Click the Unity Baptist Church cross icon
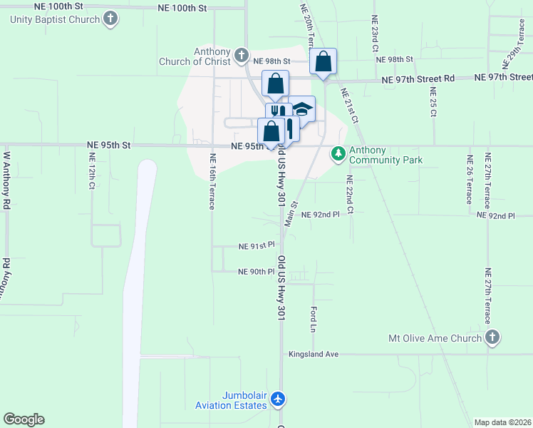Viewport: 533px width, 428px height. click(110, 19)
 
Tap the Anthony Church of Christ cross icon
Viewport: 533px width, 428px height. click(242, 55)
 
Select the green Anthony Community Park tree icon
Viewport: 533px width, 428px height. click(338, 153)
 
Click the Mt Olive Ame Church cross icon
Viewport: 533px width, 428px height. click(491, 337)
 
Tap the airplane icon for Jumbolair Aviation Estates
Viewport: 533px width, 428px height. click(279, 399)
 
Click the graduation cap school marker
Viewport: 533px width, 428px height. click(303, 108)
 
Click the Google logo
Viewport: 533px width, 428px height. click(24, 419)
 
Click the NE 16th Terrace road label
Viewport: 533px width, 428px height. click(212, 181)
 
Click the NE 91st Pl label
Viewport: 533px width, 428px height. click(257, 246)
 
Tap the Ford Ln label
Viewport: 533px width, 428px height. click(313, 319)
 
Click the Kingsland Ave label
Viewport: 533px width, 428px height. click(313, 354)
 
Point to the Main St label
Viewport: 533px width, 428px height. click(291, 213)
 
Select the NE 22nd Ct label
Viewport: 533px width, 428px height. click(349, 194)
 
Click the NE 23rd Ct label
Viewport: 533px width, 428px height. click(373, 35)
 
